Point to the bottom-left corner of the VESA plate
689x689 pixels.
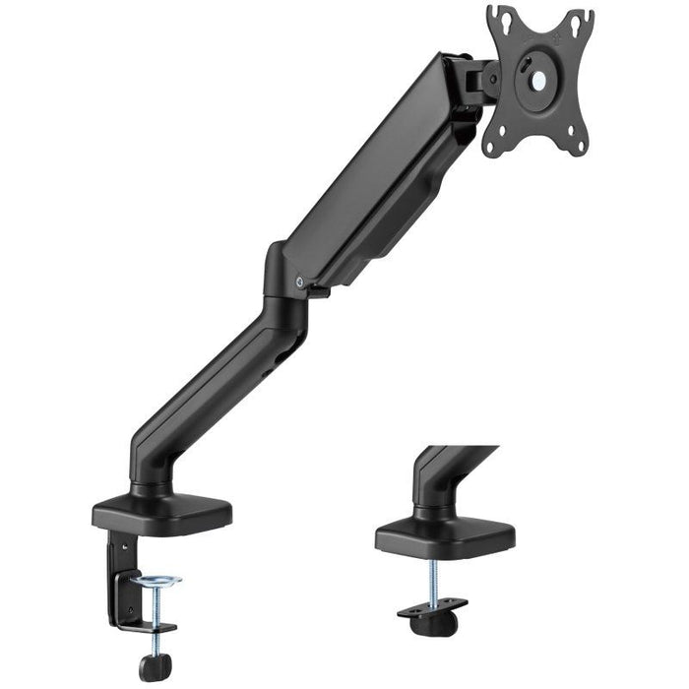coord(491,146)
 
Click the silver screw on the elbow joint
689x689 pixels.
coord(298,281)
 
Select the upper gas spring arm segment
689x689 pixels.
coord(384,177)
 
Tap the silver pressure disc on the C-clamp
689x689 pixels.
coord(158,583)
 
